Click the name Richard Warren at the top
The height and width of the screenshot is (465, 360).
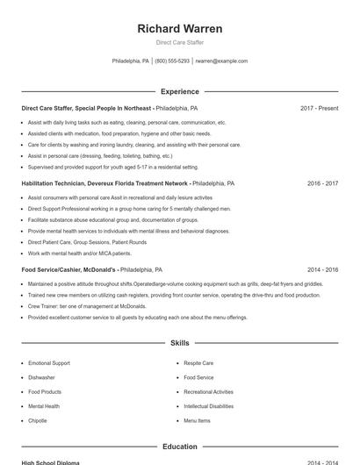point(179,29)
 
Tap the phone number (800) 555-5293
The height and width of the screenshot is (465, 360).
point(172,61)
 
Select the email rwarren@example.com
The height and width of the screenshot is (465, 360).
point(221,61)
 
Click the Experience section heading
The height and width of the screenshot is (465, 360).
point(179,91)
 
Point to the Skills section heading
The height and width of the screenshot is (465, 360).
point(179,343)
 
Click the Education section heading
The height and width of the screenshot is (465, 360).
point(179,447)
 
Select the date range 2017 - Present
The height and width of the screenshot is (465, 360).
point(319,108)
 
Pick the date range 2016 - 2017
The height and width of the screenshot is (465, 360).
point(322,184)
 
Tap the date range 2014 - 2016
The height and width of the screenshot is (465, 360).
point(322,270)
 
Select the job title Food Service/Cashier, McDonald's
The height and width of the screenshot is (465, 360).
point(69,270)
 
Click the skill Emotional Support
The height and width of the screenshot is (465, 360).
point(49,362)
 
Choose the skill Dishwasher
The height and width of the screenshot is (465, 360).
point(42,377)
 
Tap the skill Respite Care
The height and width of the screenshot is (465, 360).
point(198,362)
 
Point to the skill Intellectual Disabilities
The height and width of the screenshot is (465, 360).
point(209,406)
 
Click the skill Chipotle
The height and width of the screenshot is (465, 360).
point(38,421)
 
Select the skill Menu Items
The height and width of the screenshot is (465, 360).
point(197,421)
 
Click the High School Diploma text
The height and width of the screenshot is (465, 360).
point(50,462)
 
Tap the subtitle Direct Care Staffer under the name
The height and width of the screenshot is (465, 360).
point(179,42)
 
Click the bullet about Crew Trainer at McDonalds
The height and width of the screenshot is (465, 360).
point(86,306)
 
